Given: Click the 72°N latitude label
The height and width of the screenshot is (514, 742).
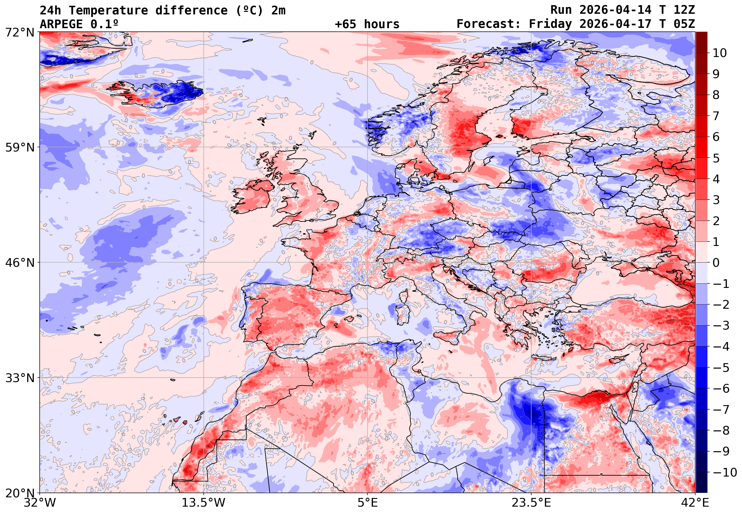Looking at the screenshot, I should [x=20, y=32].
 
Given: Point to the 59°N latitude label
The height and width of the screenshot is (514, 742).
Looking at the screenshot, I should [x=20, y=148].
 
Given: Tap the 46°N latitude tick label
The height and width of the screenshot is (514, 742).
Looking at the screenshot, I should [x=20, y=263].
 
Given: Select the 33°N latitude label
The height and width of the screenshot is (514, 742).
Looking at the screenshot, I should [x=20, y=378].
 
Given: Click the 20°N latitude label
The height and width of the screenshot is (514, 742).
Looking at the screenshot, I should [x=20, y=493].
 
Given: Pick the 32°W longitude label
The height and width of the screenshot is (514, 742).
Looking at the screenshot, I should [x=40, y=503].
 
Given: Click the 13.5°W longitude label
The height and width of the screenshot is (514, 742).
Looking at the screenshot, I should [x=204, y=503].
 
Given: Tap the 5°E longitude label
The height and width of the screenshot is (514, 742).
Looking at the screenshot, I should [x=367, y=503].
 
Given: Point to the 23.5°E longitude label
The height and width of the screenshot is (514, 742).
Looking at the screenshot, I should [x=531, y=503].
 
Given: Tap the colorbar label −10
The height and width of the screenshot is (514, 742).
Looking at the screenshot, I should [x=725, y=472].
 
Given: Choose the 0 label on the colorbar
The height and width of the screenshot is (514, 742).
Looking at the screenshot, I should [x=716, y=263].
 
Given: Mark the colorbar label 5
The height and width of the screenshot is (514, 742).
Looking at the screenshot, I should [x=716, y=158].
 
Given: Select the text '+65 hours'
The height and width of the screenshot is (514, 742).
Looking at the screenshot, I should [x=367, y=24].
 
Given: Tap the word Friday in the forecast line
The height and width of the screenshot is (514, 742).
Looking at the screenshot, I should [x=550, y=24].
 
